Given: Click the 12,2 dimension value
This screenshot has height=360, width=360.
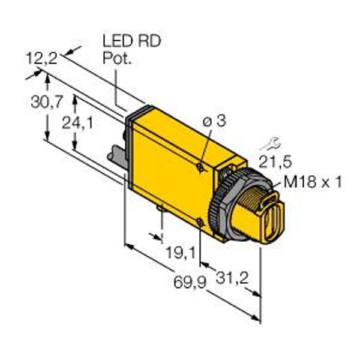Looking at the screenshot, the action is pos(42,58).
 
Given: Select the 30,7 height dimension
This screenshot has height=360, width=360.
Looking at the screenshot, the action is pos(46,102).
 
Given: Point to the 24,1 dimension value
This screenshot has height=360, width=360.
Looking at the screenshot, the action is pos(77,122).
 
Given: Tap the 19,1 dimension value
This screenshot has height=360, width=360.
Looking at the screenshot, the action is pos(181,253).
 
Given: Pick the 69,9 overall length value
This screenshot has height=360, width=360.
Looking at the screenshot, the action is pos(190,282).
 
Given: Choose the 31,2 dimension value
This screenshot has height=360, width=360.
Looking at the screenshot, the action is pos(232,278).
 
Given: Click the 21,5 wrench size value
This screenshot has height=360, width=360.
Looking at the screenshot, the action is pos(275,161).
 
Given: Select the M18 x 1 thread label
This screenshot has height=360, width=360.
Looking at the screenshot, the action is pos(313,182).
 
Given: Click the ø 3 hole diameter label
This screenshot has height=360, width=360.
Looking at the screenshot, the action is pos(214,121).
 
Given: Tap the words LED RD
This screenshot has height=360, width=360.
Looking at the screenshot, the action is pos(132,41).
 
